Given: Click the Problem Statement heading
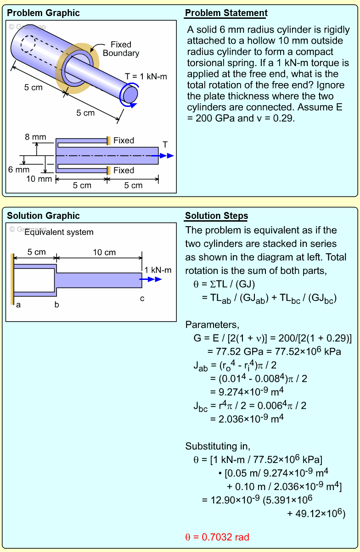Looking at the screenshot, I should coord(226,13).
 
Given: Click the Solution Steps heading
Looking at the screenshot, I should coord(216,216).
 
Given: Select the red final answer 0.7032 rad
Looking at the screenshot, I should coord(217,537).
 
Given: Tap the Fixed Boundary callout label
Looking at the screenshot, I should coord(121,49).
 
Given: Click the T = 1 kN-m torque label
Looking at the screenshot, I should coord(146,77).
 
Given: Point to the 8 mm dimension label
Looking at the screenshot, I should coord(36,137).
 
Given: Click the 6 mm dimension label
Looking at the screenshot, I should coord(19,170).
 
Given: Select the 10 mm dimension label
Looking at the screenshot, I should coord(39,179).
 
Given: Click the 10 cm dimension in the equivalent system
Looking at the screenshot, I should coord(104,252).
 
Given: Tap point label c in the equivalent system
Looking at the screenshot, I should coord(142,299).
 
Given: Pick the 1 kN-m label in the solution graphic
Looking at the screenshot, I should coord(157,270).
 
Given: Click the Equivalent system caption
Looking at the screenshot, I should coord(59,232).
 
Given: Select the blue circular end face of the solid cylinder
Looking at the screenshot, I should coord(130,94).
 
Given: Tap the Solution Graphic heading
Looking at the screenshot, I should coord(43,216).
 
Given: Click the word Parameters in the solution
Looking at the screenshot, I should coord(212,325).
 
